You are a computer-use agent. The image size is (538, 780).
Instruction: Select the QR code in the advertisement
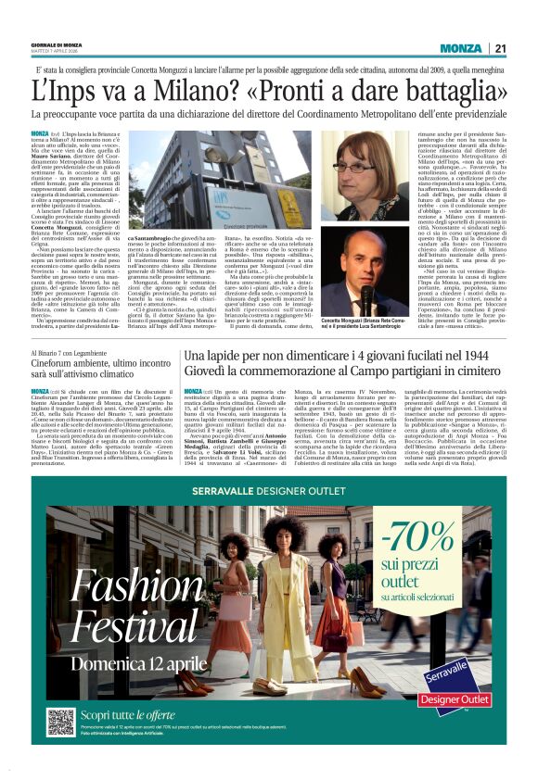pyautogui.click(x=62, y=721)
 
